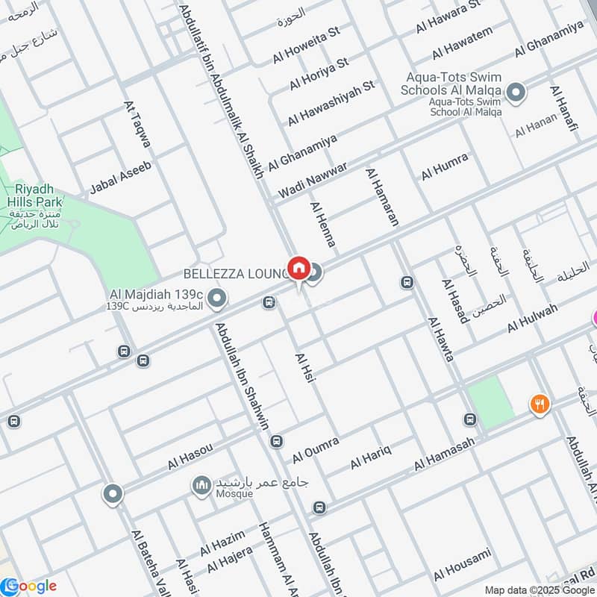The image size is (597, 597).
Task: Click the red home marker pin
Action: pos(298,267)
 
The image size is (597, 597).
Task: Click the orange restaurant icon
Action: pos(540,404)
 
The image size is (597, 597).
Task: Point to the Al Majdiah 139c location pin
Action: pos(217,300)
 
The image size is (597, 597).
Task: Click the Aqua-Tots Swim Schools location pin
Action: pos(516,94)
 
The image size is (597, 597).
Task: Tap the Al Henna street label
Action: pos(323,225)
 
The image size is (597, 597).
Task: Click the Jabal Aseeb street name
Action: pos(120,177)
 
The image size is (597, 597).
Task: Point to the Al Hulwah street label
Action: pos(532,319)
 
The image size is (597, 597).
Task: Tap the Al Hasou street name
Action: pos(190,456)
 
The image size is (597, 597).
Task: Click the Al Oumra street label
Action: pos(316,448)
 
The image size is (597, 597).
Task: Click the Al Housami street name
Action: pos(462,563)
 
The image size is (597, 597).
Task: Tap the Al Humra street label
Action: pos(445,166)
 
